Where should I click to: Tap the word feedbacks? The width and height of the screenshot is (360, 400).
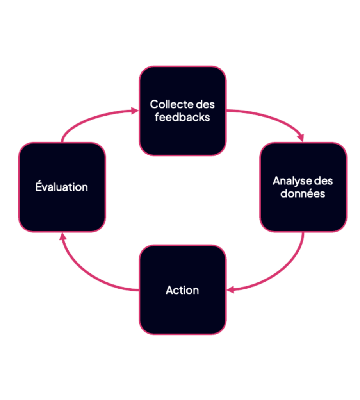click(x=182, y=117)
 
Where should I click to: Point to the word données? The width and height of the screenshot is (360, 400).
click(x=303, y=193)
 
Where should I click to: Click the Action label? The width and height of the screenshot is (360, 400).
click(x=182, y=290)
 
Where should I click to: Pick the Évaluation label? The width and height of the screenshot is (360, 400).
click(x=62, y=187)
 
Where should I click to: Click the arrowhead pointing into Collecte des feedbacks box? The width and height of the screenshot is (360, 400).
click(x=135, y=111)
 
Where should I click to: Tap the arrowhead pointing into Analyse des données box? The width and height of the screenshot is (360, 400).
click(x=301, y=138)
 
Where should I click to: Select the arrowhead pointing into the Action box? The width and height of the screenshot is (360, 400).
click(x=230, y=290)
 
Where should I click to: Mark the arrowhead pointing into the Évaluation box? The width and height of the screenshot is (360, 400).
click(x=61, y=236)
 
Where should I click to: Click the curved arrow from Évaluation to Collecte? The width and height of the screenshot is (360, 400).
click(x=90, y=120)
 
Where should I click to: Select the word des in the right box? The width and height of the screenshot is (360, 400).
click(x=323, y=181)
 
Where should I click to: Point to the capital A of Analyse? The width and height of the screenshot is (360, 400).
click(x=276, y=181)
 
